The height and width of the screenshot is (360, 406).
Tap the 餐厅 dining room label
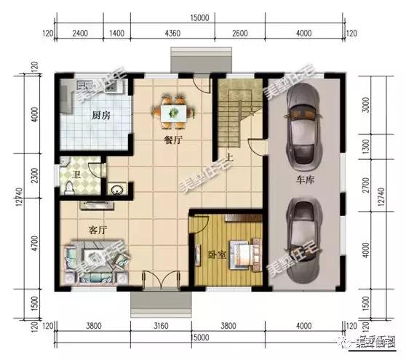172,141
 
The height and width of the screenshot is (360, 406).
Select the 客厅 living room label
97,229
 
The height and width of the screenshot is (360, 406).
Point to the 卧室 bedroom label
215,255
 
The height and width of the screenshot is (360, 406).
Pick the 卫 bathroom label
76,175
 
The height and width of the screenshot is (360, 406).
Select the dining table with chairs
174,111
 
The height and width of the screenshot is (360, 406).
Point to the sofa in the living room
91,258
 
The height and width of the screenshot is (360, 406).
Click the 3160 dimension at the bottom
167,326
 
